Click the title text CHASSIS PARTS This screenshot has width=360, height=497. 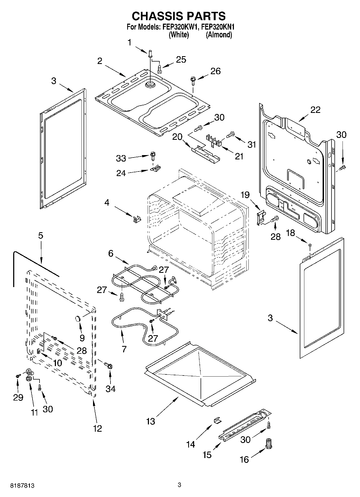pyautogui.click(x=179, y=16)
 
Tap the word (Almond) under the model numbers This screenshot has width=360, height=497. pyautogui.click(x=219, y=35)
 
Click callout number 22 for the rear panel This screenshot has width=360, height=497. pyautogui.click(x=315, y=110)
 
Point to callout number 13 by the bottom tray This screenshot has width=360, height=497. pyautogui.click(x=151, y=421)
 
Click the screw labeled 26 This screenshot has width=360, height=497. pyautogui.click(x=193, y=80)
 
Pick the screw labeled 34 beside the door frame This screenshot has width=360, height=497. pyautogui.click(x=109, y=366)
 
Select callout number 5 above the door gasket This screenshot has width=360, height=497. pyautogui.click(x=41, y=235)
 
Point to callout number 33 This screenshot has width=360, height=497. pyautogui.click(x=121, y=158)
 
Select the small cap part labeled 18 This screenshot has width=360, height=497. pyautogui.click(x=310, y=245)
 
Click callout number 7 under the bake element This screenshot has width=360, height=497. pyautogui.click(x=124, y=349)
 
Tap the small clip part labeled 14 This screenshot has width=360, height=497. pyautogui.click(x=217, y=420)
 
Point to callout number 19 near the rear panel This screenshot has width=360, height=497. pyautogui.click(x=245, y=195)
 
